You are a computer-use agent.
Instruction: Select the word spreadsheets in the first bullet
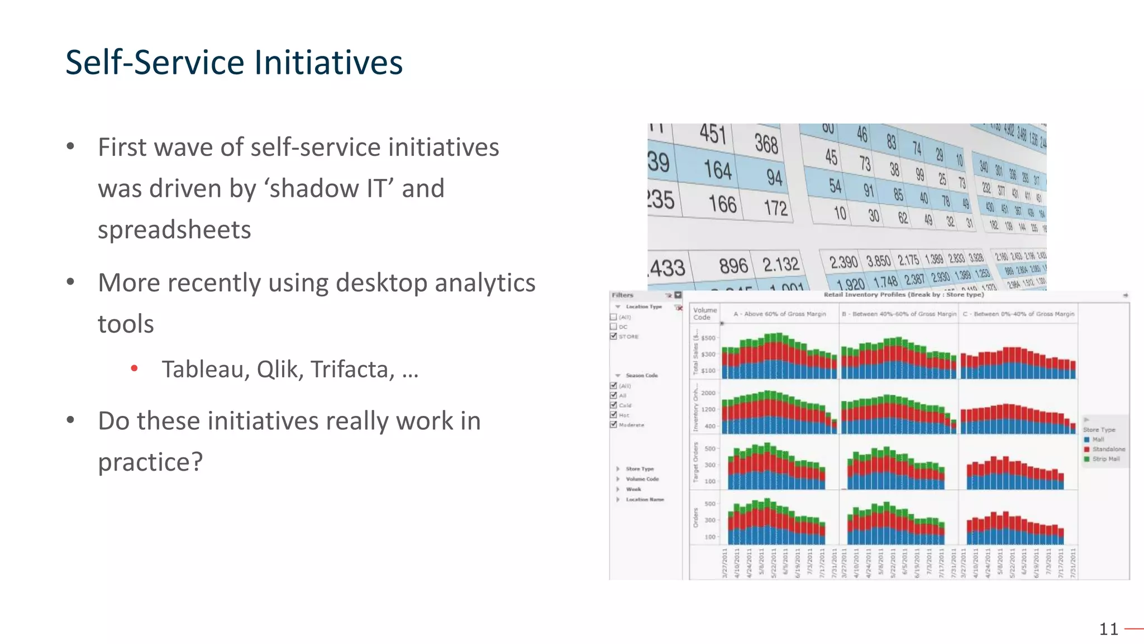tap(174, 230)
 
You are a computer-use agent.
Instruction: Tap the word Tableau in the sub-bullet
tap(205, 370)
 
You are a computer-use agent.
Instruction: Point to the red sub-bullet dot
tap(134, 368)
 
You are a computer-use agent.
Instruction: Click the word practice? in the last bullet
tap(150, 462)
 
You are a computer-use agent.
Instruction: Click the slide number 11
tap(1108, 629)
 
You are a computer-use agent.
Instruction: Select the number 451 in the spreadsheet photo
tap(713, 134)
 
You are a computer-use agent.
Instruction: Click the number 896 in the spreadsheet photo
tap(733, 266)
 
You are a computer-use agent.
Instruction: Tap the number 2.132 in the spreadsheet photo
tap(780, 264)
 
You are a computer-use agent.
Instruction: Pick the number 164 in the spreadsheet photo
tap(717, 169)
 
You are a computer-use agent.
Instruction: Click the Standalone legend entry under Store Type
tap(1108, 449)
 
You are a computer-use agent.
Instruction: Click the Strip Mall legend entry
tap(1105, 459)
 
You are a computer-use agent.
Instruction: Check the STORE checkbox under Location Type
tap(613, 337)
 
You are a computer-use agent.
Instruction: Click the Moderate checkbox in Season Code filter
tap(613, 425)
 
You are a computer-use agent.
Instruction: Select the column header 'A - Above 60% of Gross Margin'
tap(779, 314)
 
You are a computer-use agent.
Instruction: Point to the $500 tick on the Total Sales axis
tap(708, 338)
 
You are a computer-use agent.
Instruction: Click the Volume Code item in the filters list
tap(642, 479)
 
